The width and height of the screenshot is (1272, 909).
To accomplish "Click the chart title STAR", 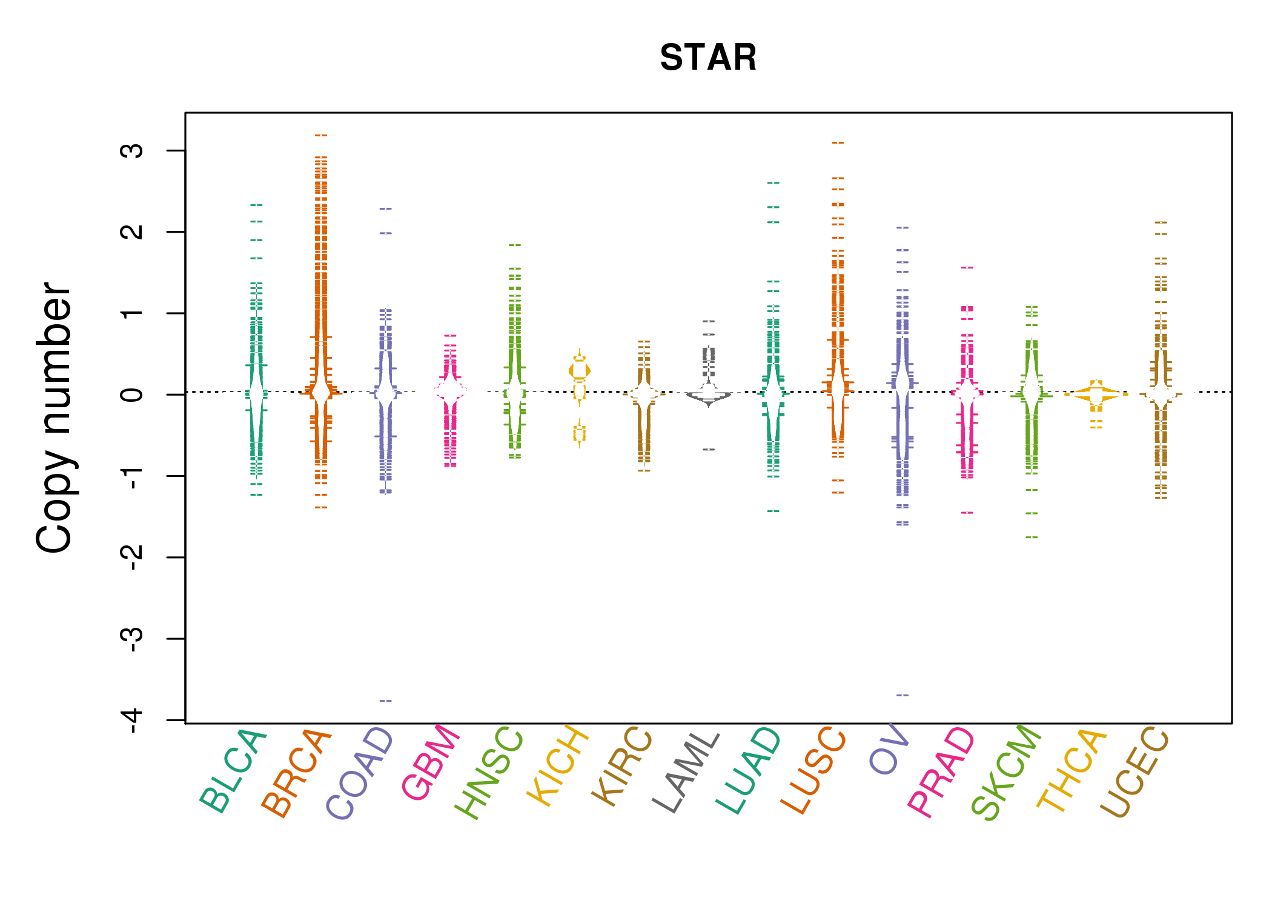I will [708, 58].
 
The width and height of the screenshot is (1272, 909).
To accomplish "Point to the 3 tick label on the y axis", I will [132, 150].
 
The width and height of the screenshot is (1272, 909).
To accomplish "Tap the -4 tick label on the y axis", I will [132, 720].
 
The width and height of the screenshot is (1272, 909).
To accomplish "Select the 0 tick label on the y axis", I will [132, 395].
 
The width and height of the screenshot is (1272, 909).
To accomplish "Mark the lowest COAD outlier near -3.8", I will [386, 701].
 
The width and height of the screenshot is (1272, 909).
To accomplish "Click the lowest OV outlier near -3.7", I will [903, 695].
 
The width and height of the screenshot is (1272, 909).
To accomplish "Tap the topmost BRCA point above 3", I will [321, 135].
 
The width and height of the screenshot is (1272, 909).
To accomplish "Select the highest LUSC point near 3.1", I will [838, 142].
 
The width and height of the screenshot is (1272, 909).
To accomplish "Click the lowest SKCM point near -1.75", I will [1032, 537].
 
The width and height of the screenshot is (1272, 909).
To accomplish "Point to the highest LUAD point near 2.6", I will [773, 182].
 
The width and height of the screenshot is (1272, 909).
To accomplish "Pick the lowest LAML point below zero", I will [709, 449].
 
